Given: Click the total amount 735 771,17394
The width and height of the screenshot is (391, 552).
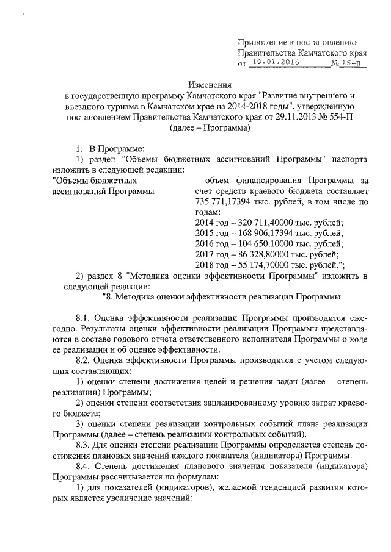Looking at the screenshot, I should pyautogui.click(x=227, y=202).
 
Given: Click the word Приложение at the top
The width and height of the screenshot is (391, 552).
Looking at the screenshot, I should pyautogui.click(x=263, y=42).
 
